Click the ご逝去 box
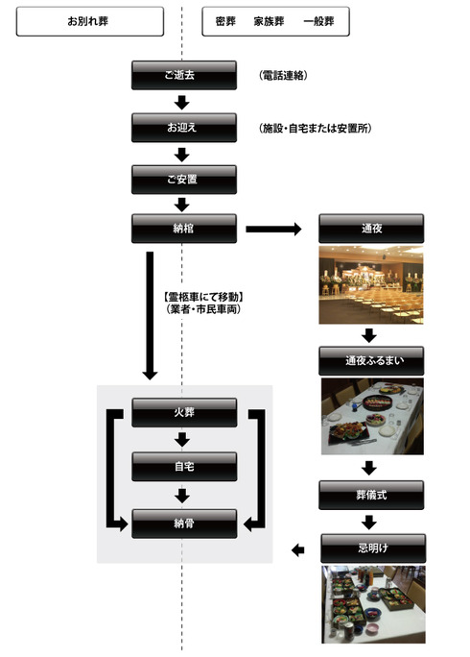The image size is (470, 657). pyautogui.click(x=184, y=75)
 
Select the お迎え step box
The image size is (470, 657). pyautogui.click(x=184, y=128)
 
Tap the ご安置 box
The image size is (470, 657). pyautogui.click(x=184, y=180)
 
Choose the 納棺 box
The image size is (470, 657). pyautogui.click(x=184, y=229)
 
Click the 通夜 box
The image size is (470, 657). pyautogui.click(x=371, y=229)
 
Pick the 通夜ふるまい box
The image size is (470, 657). pyautogui.click(x=371, y=360)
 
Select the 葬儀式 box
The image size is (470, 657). pyautogui.click(x=371, y=495)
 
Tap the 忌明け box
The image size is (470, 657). pyautogui.click(x=373, y=548)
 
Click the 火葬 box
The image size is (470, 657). pyautogui.click(x=184, y=413)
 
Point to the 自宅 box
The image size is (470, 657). pyautogui.click(x=184, y=467)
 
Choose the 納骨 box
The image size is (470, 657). pyautogui.click(x=184, y=523)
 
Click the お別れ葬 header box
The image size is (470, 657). pyautogui.click(x=90, y=21)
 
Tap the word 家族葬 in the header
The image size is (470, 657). pyautogui.click(x=269, y=21)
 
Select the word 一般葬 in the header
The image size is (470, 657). pyautogui.click(x=318, y=21)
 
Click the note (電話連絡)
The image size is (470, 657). pyautogui.click(x=283, y=76)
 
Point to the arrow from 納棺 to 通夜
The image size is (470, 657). pyautogui.click(x=273, y=229)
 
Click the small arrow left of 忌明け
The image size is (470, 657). pyautogui.click(x=298, y=550)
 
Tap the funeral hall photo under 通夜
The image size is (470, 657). pyautogui.click(x=371, y=285)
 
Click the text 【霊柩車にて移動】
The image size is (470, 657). pyautogui.click(x=203, y=297)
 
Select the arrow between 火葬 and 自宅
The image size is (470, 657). pyautogui.click(x=182, y=440)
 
